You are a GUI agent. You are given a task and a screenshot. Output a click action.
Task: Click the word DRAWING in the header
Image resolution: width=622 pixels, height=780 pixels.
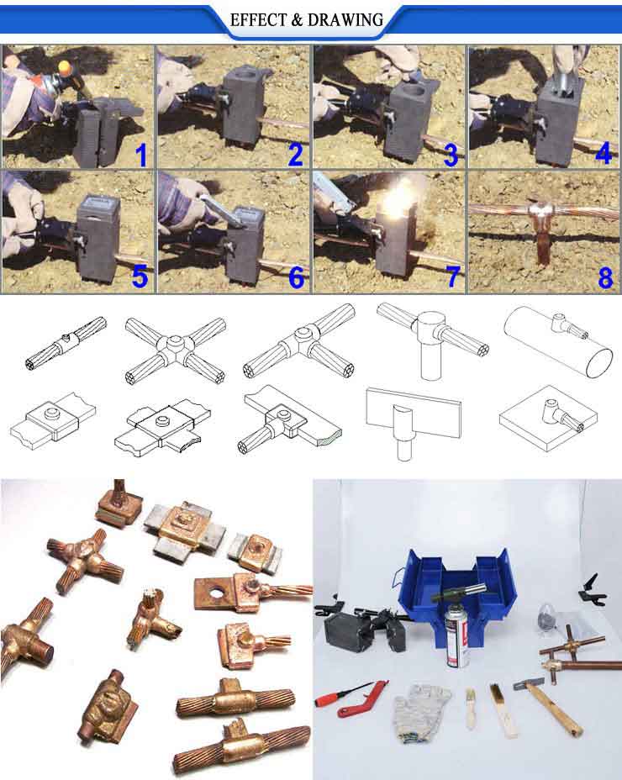(x=345, y=20)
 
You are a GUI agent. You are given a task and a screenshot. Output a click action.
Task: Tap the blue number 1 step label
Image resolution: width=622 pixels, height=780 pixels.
(x=141, y=155)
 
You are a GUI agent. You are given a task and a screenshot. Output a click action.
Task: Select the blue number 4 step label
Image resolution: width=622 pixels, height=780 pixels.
(x=604, y=152)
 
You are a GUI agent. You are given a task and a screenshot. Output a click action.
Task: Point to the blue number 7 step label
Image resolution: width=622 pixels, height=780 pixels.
(x=452, y=277)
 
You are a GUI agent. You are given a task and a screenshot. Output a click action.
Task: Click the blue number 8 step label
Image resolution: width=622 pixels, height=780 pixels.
(x=605, y=278)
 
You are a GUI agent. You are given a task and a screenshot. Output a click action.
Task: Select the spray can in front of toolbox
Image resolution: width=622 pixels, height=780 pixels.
(x=458, y=635)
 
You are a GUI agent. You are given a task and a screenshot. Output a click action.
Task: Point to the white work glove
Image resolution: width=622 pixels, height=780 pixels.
(x=420, y=709)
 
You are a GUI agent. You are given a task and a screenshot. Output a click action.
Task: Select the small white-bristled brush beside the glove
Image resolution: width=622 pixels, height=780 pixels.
(x=470, y=709)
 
